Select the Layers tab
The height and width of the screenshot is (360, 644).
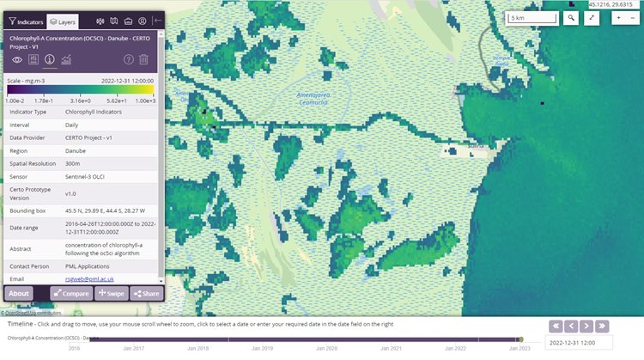tap(63, 21)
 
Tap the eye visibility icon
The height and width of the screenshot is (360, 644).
tap(17, 59)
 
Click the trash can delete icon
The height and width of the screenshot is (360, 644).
tap(144, 59)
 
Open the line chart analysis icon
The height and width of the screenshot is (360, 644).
tap(66, 59)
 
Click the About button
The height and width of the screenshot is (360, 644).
tap(19, 293)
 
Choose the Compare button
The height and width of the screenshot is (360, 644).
tap(70, 293)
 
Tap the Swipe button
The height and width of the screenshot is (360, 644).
tap(112, 293)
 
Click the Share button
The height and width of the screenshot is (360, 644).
tap(146, 293)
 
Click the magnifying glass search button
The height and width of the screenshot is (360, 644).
tap(571, 18)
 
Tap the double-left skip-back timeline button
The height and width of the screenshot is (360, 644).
tap(556, 326)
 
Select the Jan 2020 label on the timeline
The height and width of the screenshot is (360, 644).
tap(326, 348)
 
